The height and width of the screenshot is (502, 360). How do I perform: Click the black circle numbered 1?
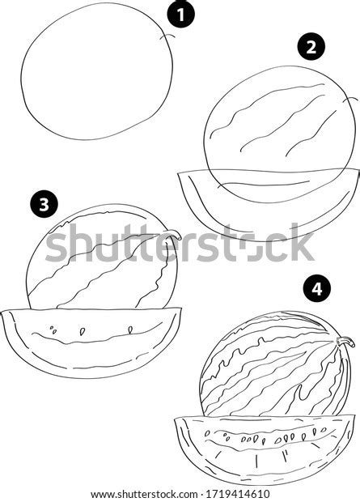182,14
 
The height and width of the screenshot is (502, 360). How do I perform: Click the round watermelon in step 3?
97,259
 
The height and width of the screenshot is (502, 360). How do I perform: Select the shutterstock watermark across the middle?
180,243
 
